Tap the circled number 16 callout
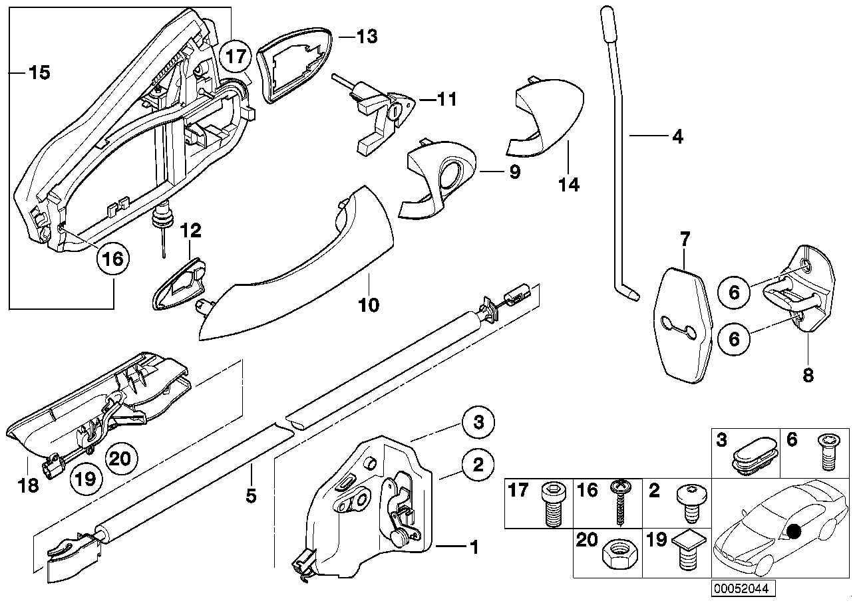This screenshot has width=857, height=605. [112, 259]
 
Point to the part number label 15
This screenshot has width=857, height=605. [39, 72]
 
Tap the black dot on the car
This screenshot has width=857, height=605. [792, 532]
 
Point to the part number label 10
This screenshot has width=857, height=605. [369, 305]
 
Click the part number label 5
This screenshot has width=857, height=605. [251, 495]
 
